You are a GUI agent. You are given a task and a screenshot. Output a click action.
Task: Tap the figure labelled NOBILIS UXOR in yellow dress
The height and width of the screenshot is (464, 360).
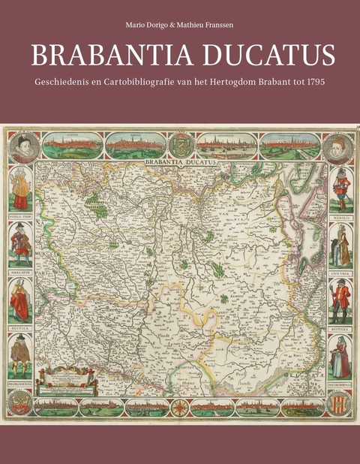point(20,192)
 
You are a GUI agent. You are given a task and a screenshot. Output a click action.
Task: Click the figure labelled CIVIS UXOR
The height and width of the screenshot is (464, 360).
point(339,249)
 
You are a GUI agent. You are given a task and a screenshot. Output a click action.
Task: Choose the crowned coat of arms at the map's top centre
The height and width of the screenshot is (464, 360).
point(180,143)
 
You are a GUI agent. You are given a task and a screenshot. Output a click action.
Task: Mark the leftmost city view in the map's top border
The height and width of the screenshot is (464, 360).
point(72,145)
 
